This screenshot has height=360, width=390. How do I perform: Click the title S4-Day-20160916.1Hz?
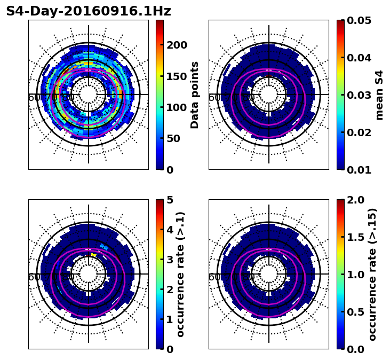(x=89, y=11)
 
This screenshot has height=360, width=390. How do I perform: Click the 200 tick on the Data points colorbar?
(x=177, y=45)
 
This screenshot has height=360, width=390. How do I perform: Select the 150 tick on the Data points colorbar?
(x=177, y=76)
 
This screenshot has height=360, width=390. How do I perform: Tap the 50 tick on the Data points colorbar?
(x=173, y=138)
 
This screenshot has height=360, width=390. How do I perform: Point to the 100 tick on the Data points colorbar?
(x=177, y=107)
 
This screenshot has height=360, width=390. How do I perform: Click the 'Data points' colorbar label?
(x=195, y=95)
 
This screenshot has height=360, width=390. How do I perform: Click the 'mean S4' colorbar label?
(x=379, y=95)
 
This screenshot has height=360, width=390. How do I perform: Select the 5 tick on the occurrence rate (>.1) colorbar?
(x=169, y=200)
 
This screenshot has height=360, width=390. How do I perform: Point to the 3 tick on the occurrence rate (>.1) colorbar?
(x=169, y=260)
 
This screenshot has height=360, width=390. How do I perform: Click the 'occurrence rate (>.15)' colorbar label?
(x=372, y=274)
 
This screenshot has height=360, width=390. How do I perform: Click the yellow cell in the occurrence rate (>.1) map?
(x=94, y=255)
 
